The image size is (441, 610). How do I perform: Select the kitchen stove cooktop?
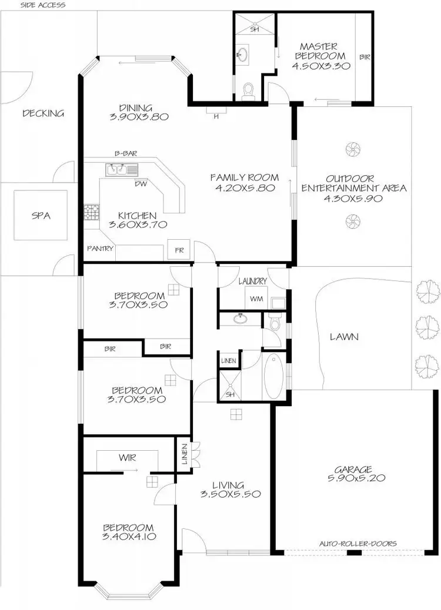91,212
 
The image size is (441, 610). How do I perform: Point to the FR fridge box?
178,249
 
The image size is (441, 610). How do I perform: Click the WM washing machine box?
256,299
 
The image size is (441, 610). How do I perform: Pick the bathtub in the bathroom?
273,376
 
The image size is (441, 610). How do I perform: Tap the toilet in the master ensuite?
249,91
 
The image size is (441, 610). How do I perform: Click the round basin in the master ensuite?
242,56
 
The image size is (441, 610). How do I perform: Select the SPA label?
41,216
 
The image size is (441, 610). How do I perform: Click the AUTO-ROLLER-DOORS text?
358,544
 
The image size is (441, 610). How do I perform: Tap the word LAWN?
344,337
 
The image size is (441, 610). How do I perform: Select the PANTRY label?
100,249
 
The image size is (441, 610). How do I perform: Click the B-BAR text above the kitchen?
126,153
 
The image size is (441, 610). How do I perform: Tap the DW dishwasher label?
139,183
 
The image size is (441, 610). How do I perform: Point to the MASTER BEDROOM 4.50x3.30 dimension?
321,66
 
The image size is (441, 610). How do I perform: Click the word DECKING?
43,113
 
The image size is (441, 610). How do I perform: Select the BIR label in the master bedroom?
365,57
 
